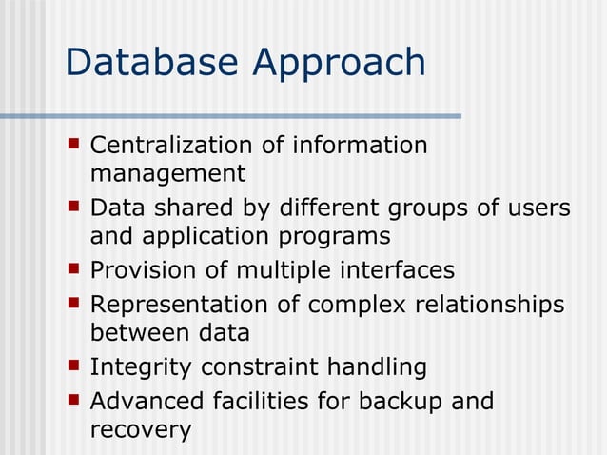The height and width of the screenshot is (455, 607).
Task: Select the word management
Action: [x=167, y=175]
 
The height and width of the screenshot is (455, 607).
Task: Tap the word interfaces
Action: [x=397, y=270]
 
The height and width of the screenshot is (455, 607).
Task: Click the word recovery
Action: [x=140, y=430]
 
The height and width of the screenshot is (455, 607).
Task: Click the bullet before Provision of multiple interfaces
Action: [x=74, y=269]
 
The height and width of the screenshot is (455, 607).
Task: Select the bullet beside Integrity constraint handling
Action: [x=74, y=366]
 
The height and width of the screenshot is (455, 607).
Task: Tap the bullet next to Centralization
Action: [x=74, y=145]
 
